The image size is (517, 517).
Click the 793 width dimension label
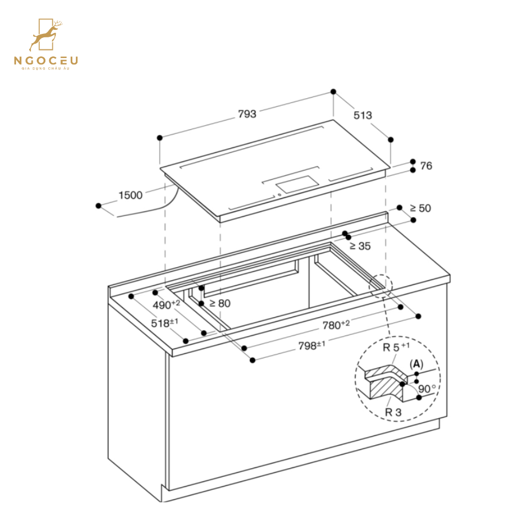[x=247, y=114]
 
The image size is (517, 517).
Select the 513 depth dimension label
[x=362, y=115]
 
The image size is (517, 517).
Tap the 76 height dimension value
[x=426, y=166]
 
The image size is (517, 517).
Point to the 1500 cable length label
[x=130, y=195]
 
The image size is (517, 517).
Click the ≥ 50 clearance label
[x=420, y=208]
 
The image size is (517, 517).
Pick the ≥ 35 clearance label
[x=360, y=246]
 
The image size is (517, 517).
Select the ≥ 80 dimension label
[x=219, y=303]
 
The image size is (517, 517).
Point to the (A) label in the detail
[x=416, y=364]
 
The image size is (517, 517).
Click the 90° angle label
[x=426, y=389]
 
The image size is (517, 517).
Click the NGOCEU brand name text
[x=47, y=60]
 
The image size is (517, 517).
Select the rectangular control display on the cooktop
[x=297, y=184]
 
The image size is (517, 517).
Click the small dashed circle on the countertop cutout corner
[x=380, y=285]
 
